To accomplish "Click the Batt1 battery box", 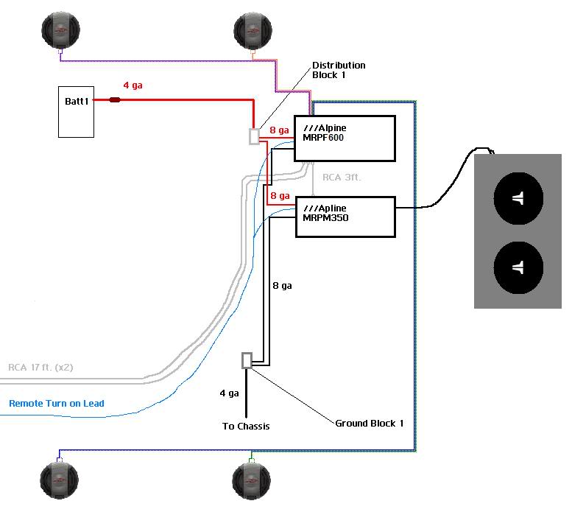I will click(x=76, y=111).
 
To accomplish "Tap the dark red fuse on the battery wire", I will click(x=115, y=99).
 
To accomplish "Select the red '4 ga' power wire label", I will click(x=133, y=85).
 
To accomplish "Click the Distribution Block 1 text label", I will click(x=338, y=70).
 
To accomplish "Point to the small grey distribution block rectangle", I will click(x=255, y=137).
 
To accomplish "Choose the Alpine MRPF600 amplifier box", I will click(x=345, y=138).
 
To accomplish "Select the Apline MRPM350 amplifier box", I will click(x=345, y=216).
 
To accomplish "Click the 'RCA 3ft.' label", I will click(x=342, y=178).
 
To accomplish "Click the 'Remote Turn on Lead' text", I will click(x=57, y=403).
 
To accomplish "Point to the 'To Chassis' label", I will click(x=246, y=426).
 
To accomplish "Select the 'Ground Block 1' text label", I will click(x=370, y=423).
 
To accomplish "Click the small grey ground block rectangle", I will click(x=247, y=360).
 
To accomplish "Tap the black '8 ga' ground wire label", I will click(x=282, y=285).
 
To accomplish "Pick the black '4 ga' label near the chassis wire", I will click(x=229, y=393).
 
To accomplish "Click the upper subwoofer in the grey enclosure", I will click(x=518, y=198).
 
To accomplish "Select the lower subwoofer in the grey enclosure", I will click(x=518, y=269).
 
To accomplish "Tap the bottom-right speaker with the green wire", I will click(x=252, y=480).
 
